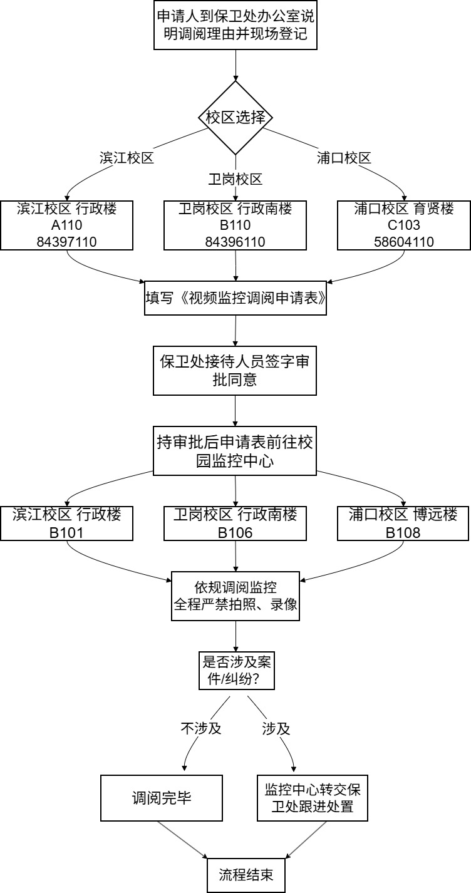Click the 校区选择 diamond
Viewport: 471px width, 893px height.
point(235,118)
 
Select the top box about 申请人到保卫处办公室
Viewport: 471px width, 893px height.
point(235,24)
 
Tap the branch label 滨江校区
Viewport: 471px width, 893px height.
point(127,158)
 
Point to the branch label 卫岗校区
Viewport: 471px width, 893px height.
point(235,179)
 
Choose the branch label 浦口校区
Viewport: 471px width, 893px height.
point(344,158)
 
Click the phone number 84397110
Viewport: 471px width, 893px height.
point(66,242)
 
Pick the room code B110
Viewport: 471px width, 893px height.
point(235,225)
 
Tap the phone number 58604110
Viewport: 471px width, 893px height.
point(403,242)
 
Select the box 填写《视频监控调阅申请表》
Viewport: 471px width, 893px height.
point(235,298)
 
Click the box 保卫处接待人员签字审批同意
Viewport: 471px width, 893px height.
point(235,371)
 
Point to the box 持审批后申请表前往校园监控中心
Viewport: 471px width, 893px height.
point(235,451)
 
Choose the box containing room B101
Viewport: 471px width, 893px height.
point(66,524)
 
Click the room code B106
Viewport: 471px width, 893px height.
point(235,533)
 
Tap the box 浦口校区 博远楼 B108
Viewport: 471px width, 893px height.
point(403,524)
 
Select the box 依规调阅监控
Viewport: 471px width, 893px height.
point(235,596)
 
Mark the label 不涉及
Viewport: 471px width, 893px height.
point(201,728)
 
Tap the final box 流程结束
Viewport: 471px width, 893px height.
point(246,875)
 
